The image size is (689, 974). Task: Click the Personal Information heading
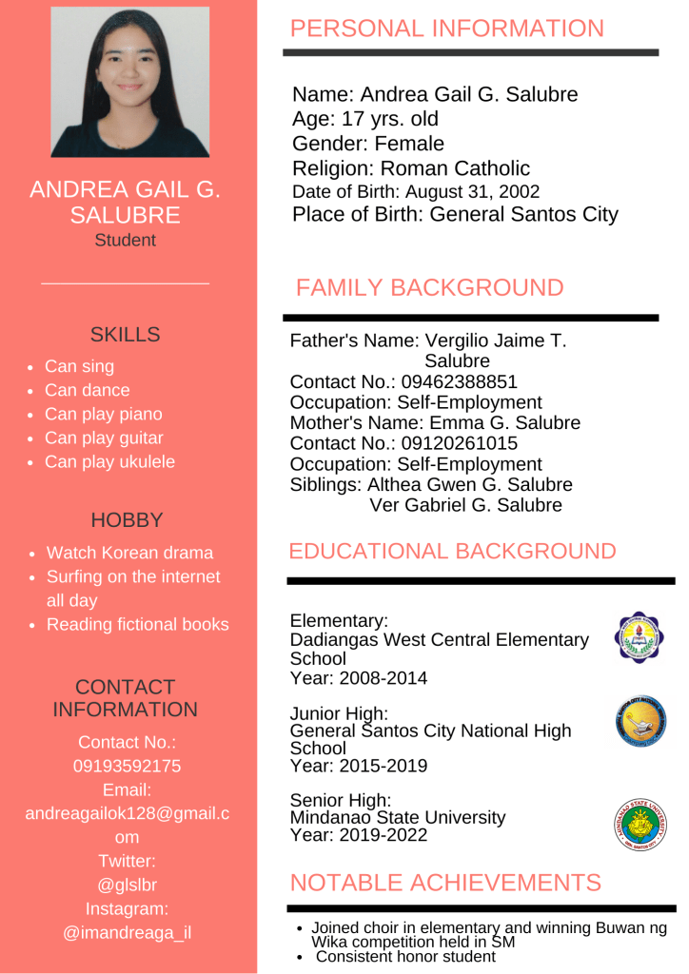click(x=446, y=29)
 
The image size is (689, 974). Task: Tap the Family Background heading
click(x=429, y=287)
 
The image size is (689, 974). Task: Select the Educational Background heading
click(x=452, y=551)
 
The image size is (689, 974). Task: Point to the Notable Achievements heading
click(x=444, y=882)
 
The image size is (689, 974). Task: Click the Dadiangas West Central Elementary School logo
click(x=640, y=637)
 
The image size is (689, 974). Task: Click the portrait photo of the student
click(x=129, y=82)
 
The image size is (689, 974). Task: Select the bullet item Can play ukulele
click(x=109, y=462)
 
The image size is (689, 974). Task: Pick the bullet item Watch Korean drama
click(x=129, y=553)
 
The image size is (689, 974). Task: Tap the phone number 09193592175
click(x=127, y=766)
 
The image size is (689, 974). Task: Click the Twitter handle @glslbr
click(x=127, y=885)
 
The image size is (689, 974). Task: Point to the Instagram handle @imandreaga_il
click(x=127, y=932)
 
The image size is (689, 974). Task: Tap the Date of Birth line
click(x=416, y=192)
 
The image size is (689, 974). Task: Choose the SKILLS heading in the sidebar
click(x=125, y=335)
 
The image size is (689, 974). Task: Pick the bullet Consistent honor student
click(x=405, y=957)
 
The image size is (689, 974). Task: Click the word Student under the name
click(x=125, y=240)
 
